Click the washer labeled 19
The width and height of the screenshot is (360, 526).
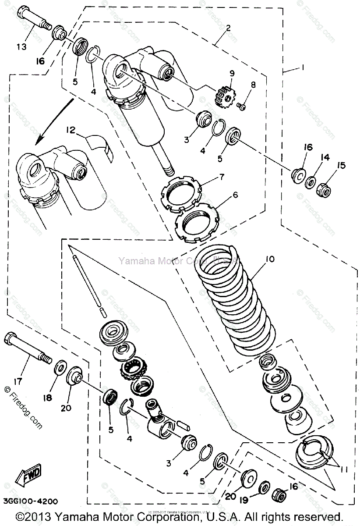[264, 487]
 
